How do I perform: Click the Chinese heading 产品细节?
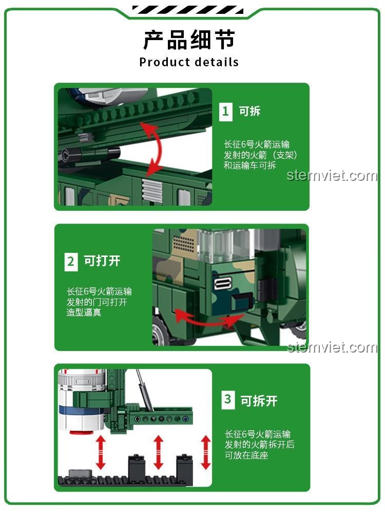click(189, 40)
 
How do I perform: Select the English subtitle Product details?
click(189, 62)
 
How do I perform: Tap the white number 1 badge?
click(225, 111)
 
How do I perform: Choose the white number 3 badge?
click(228, 399)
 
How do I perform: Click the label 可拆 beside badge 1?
click(249, 111)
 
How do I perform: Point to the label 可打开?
click(102, 261)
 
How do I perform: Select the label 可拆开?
click(259, 400)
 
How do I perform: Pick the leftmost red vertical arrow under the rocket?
click(101, 452)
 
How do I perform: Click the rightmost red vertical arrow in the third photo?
click(206, 452)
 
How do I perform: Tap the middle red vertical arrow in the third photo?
click(158, 452)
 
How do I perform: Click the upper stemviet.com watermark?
click(332, 176)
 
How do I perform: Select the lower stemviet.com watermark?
click(332, 347)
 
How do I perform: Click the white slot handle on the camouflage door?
click(223, 284)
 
